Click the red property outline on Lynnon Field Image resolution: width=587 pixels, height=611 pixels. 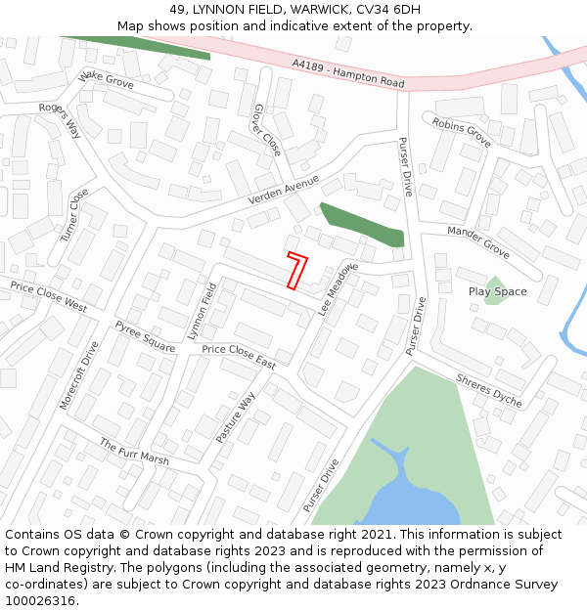click(296, 271)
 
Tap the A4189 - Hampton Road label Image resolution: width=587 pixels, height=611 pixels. click(348, 74)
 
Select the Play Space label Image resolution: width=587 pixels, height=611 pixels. click(497, 291)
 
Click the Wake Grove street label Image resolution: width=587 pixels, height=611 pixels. click(107, 79)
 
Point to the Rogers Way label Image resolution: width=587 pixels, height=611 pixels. click(61, 120)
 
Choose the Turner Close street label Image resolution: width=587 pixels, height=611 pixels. click(73, 216)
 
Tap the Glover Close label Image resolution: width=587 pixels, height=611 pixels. click(267, 130)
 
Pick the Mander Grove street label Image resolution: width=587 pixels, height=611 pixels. click(478, 241)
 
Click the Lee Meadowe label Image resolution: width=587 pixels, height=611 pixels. click(339, 288)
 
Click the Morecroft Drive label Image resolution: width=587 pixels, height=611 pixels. click(79, 374)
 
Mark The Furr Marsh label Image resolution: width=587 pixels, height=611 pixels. click(134, 452)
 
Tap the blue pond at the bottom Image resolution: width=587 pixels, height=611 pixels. click(411, 503)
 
